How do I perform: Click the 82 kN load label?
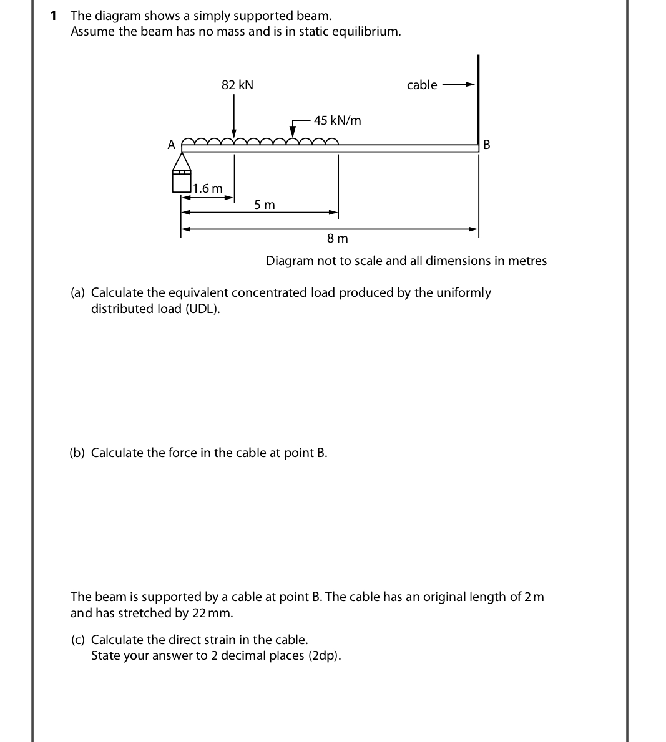click(x=237, y=85)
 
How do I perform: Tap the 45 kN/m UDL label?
click(x=337, y=120)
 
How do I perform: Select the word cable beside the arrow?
click(x=422, y=85)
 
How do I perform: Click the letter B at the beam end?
click(x=487, y=145)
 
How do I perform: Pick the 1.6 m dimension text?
click(x=208, y=188)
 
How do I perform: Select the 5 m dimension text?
click(x=265, y=205)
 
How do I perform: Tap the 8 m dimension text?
click(x=338, y=238)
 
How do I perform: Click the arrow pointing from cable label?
click(x=459, y=85)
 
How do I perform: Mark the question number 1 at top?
click(x=54, y=15)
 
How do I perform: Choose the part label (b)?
click(x=77, y=453)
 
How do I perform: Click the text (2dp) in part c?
click(x=325, y=656)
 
